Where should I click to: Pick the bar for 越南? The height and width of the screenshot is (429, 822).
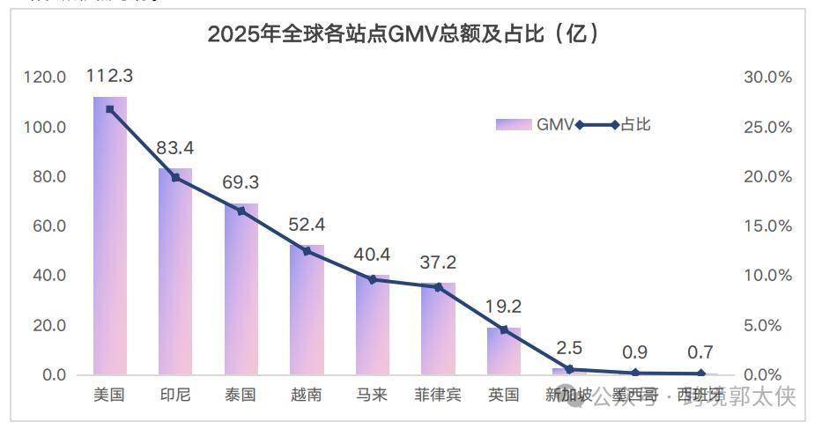307,309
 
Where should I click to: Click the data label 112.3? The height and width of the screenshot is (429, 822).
110,77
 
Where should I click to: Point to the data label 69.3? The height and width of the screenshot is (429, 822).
241,183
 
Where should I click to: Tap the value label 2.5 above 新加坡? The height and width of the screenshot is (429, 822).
569,349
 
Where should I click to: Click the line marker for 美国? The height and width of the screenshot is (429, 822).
110,109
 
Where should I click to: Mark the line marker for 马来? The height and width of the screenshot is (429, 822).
372,279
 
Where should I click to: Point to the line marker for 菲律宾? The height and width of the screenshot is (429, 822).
438,286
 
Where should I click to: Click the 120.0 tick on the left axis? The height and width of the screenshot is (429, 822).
45,78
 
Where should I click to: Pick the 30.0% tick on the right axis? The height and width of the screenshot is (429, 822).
768,78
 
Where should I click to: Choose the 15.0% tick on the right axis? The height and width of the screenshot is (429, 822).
768,226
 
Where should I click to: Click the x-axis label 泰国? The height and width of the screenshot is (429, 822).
241,395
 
